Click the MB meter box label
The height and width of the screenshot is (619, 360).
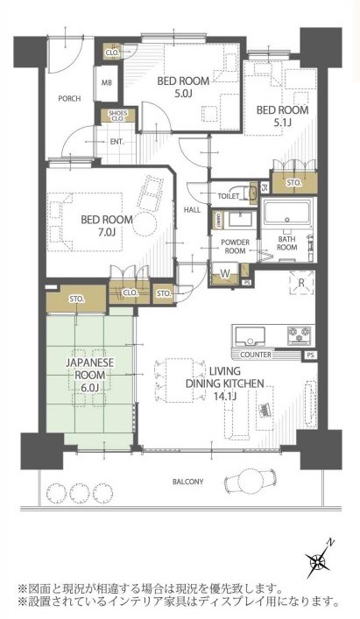[x=107, y=83]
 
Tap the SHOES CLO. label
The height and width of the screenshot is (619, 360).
[x=117, y=116]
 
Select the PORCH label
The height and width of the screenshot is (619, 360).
[x=69, y=98]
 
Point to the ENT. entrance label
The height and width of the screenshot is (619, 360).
[x=116, y=141]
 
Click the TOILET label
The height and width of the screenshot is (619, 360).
[x=228, y=196]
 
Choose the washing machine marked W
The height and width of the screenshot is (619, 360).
[x=225, y=273]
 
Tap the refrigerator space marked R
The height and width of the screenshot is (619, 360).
[x=302, y=283]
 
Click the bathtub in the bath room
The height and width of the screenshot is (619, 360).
[x=288, y=213]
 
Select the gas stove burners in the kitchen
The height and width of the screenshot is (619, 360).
[x=300, y=335]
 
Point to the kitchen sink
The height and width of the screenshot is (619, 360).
[x=250, y=336]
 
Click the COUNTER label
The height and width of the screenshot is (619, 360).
[x=256, y=355]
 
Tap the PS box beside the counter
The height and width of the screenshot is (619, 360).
[x=310, y=355]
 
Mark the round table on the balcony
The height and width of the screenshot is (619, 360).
[x=250, y=481]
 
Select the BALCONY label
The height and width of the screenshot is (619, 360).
[x=188, y=482]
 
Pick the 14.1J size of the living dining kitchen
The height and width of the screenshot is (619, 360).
[x=224, y=397]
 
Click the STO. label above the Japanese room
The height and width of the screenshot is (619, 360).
[x=76, y=299]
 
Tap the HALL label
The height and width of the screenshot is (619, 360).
[x=192, y=210]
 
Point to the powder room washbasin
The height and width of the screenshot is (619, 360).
[x=240, y=220]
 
